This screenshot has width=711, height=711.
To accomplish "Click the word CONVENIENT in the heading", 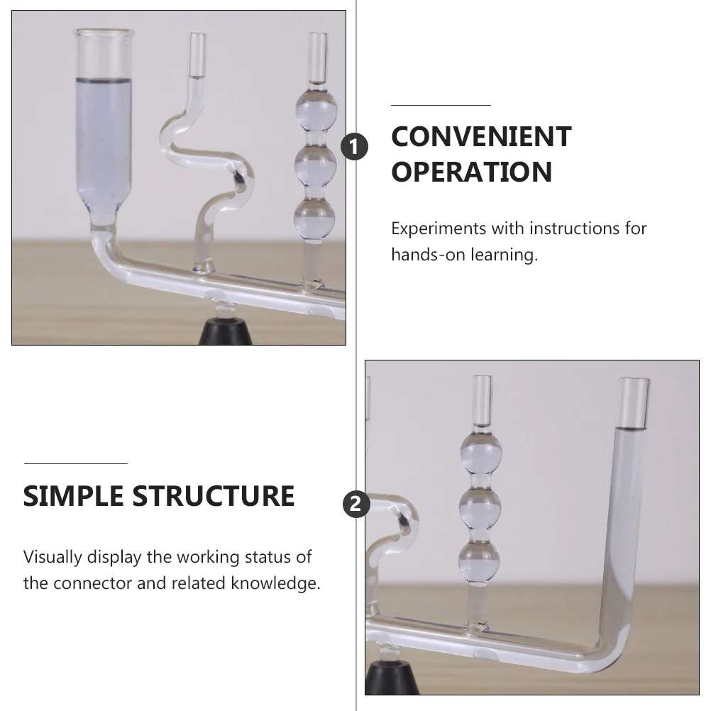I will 481,137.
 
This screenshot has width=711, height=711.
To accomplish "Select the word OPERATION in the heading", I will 471,172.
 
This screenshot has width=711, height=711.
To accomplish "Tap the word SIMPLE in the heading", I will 72,496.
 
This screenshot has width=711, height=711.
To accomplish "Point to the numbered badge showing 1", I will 355,147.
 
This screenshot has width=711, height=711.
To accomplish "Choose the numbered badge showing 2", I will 355,504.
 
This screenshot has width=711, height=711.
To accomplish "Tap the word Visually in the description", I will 53,557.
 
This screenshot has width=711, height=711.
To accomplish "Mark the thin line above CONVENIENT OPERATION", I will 441,105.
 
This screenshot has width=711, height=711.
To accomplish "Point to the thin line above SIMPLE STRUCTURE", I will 75,463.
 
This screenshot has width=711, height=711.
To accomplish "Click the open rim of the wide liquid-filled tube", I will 104,33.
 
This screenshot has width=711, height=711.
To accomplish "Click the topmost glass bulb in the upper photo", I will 314,111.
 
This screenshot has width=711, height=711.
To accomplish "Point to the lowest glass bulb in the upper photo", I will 314,218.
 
